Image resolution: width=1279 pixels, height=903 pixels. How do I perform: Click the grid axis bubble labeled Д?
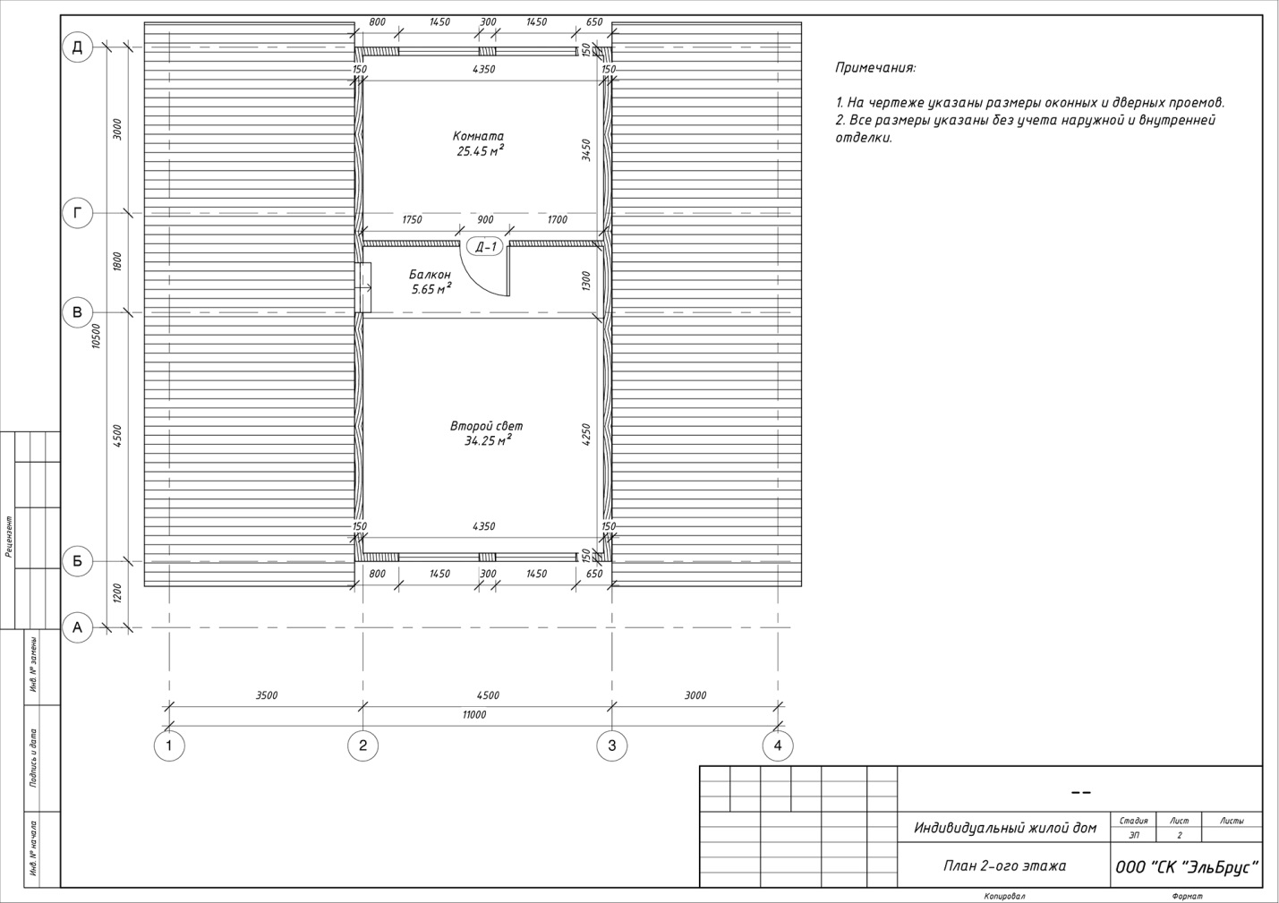point(77,47)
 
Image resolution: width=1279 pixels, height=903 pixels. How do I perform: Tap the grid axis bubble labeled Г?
point(77,213)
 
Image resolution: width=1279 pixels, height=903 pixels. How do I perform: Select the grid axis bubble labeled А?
point(77,627)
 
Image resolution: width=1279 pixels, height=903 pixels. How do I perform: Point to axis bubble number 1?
point(169,745)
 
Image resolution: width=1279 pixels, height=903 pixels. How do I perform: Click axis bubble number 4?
point(778,745)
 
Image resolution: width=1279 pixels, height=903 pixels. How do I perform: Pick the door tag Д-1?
point(485,247)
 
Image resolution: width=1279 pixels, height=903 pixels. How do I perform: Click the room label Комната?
point(478,136)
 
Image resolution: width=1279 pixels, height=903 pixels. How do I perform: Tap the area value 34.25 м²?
point(487,440)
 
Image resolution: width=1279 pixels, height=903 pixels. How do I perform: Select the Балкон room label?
point(430,274)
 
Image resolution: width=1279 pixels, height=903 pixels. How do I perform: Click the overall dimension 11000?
point(473,715)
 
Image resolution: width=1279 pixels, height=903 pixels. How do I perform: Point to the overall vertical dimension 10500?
point(96,336)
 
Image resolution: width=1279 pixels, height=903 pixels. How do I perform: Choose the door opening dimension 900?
point(485,220)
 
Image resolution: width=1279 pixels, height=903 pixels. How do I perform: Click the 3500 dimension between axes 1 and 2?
point(266,695)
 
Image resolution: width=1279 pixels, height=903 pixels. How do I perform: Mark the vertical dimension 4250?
point(586,434)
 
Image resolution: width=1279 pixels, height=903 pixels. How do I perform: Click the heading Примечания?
point(875,68)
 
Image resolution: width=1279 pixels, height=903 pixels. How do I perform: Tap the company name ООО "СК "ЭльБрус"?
point(1187,867)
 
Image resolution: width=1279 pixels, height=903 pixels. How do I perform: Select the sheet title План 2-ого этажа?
point(1004,866)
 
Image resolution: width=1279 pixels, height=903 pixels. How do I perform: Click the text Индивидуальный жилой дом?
point(1005,828)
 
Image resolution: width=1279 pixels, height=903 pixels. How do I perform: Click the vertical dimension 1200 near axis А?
point(117,593)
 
